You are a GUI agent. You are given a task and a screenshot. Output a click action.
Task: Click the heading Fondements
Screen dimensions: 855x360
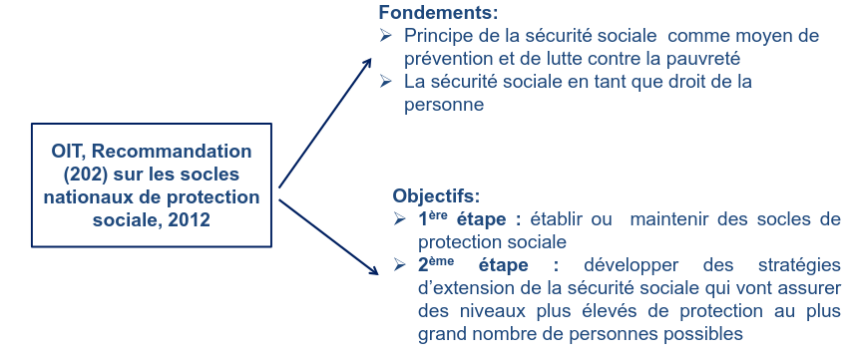coord(439,12)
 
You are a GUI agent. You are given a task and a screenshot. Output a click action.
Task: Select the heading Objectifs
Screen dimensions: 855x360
coord(436,195)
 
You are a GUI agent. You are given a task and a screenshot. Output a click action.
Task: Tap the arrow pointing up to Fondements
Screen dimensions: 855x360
coord(325,123)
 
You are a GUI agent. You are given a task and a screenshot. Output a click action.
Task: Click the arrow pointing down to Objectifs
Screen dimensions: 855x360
coord(329,236)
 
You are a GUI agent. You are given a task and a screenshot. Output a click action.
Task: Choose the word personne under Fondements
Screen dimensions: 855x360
coord(444,105)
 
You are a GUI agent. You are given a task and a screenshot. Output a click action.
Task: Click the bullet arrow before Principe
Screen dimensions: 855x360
coord(386,36)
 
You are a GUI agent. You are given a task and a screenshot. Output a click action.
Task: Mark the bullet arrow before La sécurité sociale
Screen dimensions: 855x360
coord(386,81)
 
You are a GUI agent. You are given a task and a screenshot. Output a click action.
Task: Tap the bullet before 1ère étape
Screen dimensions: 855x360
coord(400,219)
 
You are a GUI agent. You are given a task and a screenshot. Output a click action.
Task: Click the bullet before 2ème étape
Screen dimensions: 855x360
coord(400,265)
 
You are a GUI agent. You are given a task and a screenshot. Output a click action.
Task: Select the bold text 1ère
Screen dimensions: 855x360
coord(433,218)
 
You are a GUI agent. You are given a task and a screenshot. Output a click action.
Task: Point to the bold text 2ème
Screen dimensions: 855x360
coord(436,264)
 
